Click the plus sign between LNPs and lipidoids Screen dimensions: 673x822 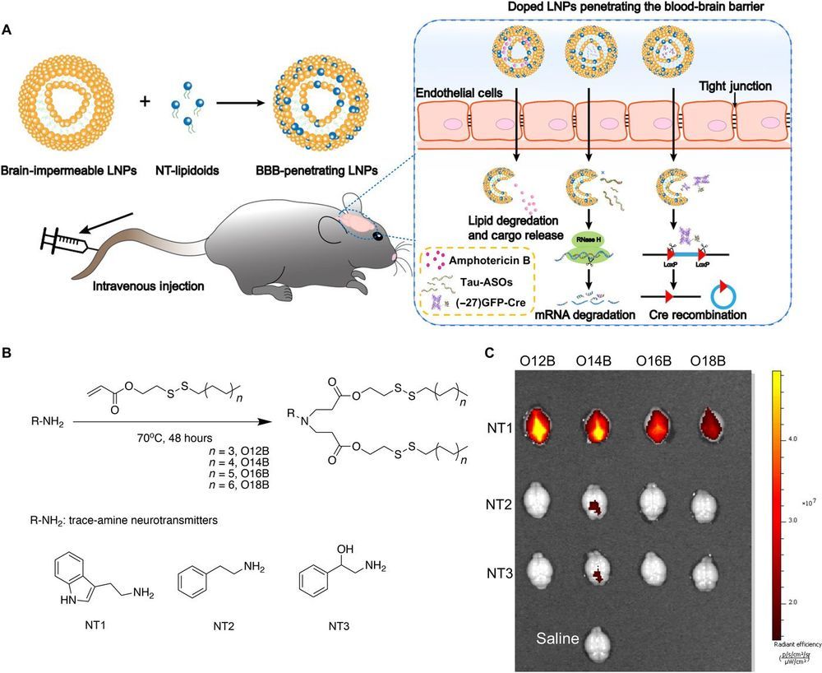pyautogui.click(x=145, y=102)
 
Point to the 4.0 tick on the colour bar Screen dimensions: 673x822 pyautogui.click(x=790, y=439)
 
